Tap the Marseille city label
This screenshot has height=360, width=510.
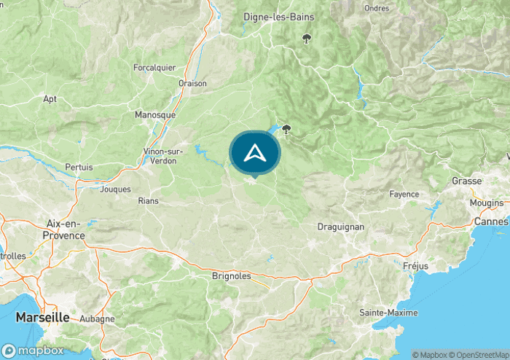[x=43, y=318]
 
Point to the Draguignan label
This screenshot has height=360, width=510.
[x=340, y=227]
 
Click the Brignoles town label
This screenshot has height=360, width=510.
[x=231, y=276]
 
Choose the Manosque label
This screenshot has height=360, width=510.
[x=155, y=114]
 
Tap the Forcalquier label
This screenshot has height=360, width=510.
[x=154, y=67]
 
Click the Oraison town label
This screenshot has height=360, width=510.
[x=192, y=83]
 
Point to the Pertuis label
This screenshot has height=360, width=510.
[x=79, y=167]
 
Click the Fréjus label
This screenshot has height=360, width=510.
[x=415, y=266]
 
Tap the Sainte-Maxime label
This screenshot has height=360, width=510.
[x=389, y=312]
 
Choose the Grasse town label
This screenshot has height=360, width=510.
[x=466, y=181]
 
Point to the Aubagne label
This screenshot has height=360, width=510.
[x=97, y=319]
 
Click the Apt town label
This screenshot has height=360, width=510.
[x=50, y=99]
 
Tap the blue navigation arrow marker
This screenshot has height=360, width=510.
[x=254, y=153]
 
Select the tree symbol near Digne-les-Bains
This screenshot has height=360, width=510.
[x=307, y=39]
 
